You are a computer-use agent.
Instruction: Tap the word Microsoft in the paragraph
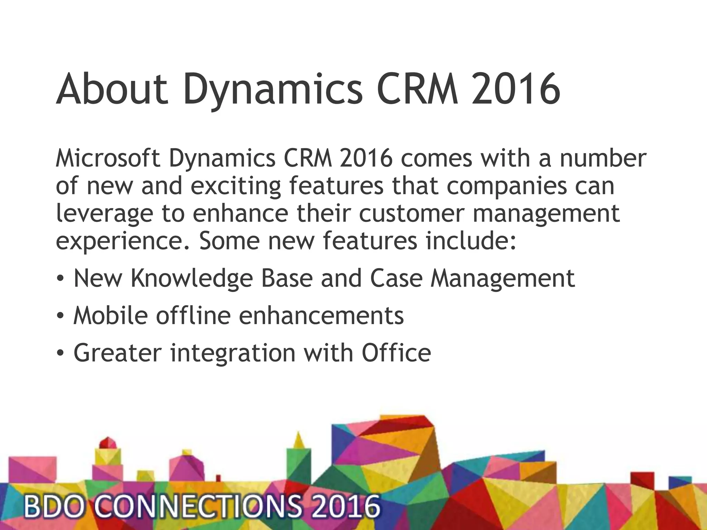click(x=108, y=158)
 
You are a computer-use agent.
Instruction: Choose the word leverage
click(x=104, y=214)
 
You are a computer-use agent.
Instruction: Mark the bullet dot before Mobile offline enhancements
click(x=60, y=315)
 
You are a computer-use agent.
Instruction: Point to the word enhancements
click(x=321, y=315)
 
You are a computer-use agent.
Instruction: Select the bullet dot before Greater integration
click(x=60, y=353)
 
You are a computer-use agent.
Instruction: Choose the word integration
click(x=233, y=353)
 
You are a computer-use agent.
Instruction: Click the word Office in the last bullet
click(x=396, y=352)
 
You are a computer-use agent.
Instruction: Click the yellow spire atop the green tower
click(x=298, y=440)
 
